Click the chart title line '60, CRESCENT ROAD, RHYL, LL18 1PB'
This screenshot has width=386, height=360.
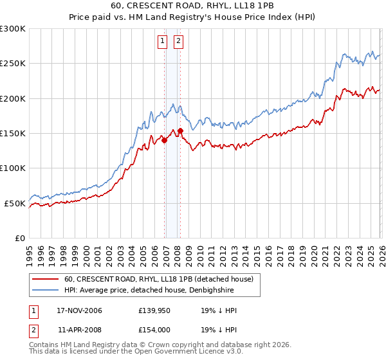tap(193, 6)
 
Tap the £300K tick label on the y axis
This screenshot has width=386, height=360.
tap(13, 29)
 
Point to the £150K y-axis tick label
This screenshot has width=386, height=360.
tap(13, 134)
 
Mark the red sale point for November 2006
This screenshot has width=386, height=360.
tap(165, 139)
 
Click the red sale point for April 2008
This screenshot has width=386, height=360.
tap(181, 131)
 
